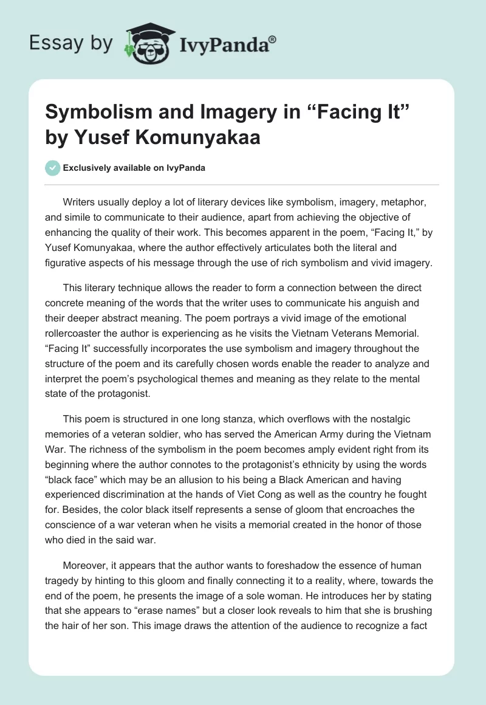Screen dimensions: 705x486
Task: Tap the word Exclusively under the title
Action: (85, 168)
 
